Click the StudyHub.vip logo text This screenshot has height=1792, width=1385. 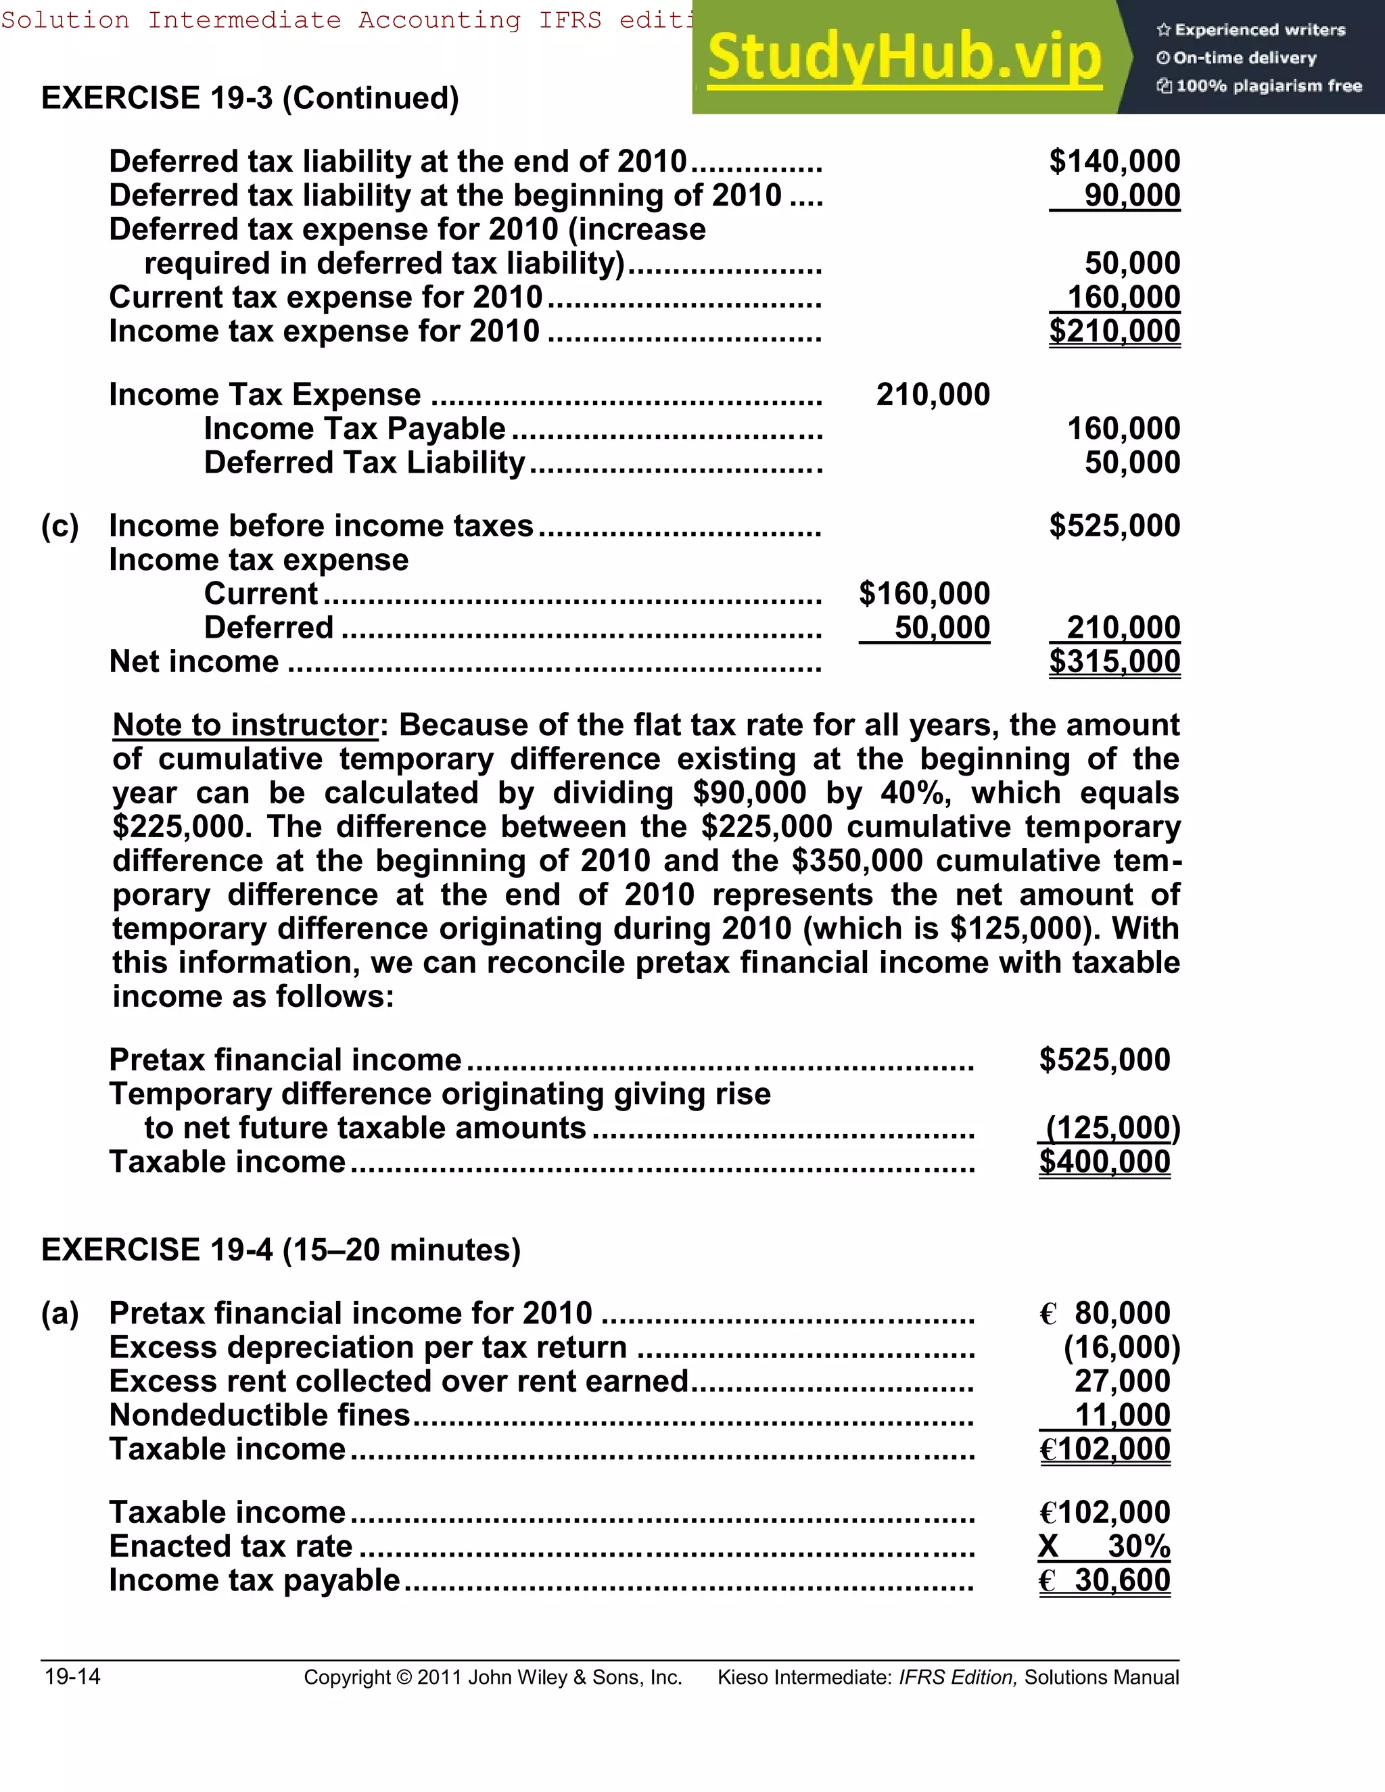coord(903,57)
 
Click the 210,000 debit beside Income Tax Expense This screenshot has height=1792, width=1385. coord(933,395)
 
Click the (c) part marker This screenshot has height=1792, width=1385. coord(60,526)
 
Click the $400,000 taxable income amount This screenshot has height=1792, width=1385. coord(1104,1162)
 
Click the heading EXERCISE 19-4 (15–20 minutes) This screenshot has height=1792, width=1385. coord(281,1250)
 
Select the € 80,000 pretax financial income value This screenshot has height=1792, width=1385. coord(1104,1313)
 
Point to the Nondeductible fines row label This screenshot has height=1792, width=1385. coord(259,1415)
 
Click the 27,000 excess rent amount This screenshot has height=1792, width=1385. coord(1122,1381)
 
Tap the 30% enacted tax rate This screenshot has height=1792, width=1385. coord(1138,1547)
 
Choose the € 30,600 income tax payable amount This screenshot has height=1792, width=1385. coord(1104,1580)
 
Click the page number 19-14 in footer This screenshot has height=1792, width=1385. coord(72,1676)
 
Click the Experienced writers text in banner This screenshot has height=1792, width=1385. coord(1259,30)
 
